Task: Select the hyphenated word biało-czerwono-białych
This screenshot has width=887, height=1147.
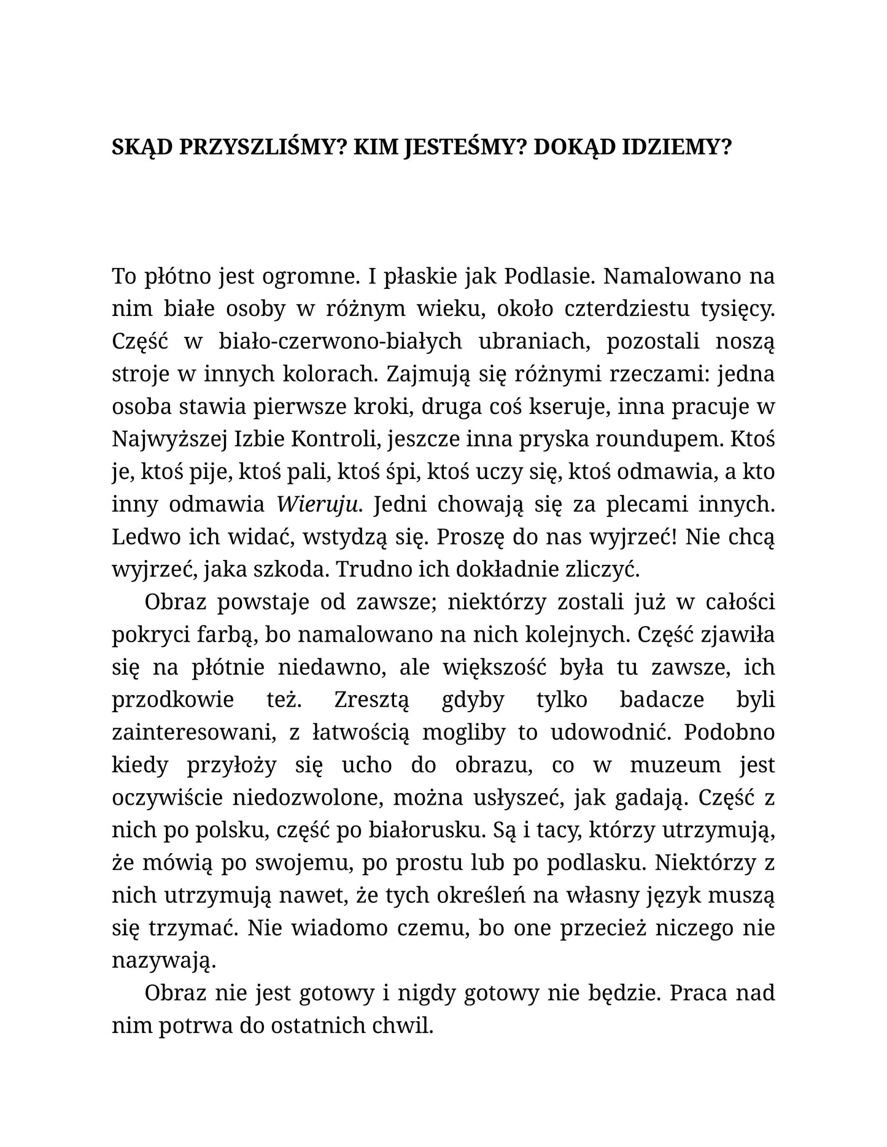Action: (341, 341)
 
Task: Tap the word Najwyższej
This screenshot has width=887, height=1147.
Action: (168, 439)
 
